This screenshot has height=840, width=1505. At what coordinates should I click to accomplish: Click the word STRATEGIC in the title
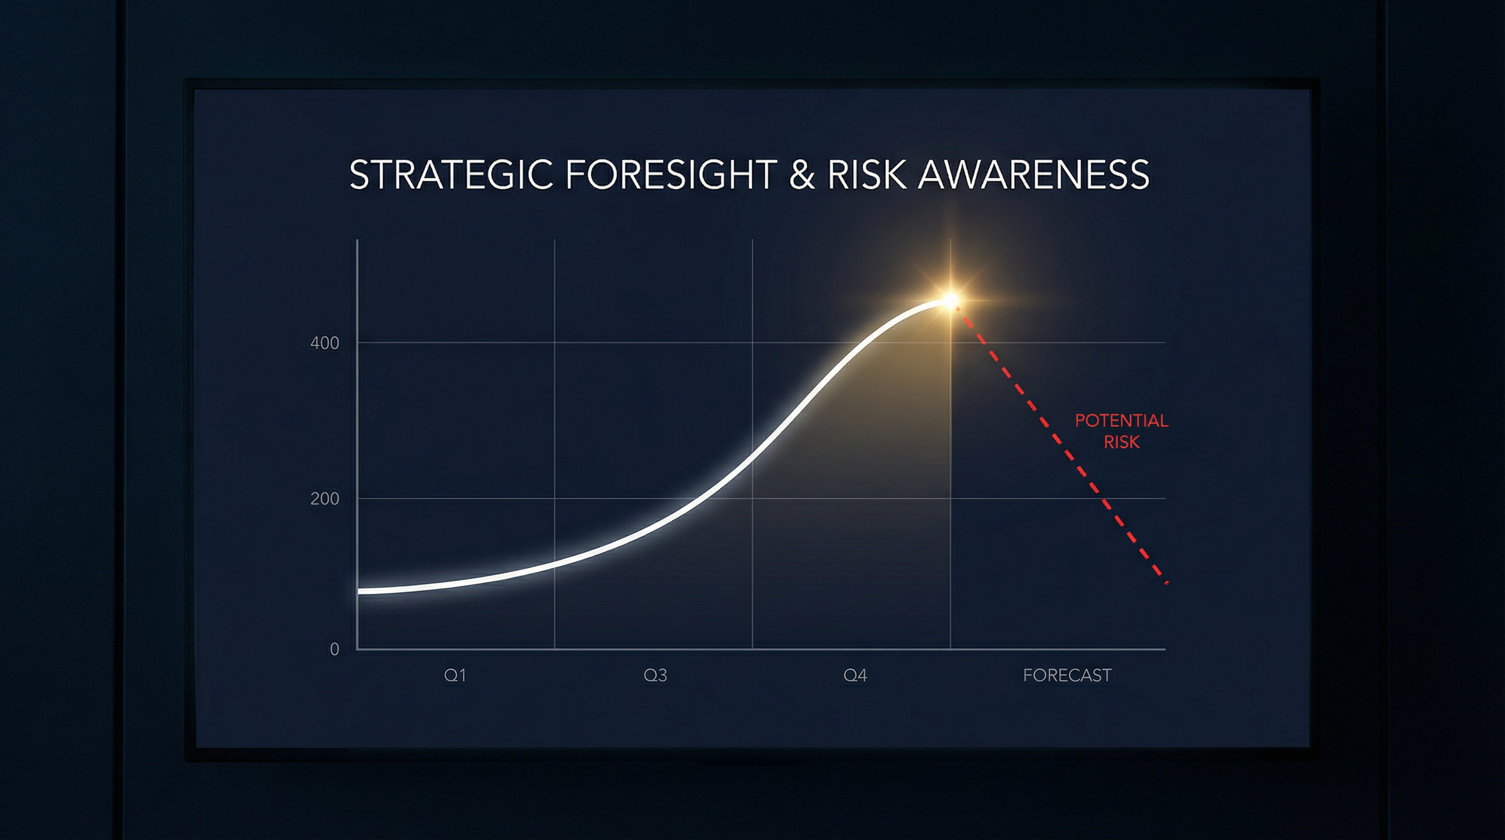(x=451, y=174)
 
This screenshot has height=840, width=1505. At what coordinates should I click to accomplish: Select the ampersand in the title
(x=802, y=174)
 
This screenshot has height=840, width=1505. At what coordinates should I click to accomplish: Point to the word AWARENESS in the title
(x=1034, y=174)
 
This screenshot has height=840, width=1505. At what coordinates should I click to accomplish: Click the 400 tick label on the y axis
(x=324, y=343)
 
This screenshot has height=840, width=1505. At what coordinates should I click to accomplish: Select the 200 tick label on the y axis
(x=324, y=499)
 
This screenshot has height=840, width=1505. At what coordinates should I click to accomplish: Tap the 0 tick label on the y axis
(x=334, y=649)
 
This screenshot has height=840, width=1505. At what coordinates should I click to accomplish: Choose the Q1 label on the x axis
(x=454, y=675)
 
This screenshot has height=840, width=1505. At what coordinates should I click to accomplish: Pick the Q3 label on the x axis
(x=655, y=675)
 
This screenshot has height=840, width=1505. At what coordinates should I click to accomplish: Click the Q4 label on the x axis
(x=855, y=675)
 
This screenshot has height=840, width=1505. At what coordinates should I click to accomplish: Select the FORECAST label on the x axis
(x=1067, y=675)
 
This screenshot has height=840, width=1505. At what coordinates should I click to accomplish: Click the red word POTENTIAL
(x=1121, y=421)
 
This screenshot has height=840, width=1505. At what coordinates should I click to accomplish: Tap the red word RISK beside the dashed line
(x=1121, y=442)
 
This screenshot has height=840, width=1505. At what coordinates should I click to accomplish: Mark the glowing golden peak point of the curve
(x=951, y=301)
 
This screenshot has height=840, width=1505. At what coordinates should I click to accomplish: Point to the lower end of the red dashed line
(x=1166, y=583)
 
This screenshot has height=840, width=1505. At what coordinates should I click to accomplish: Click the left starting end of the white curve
(x=359, y=591)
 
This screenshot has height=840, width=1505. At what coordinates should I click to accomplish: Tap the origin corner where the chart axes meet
(x=357, y=649)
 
